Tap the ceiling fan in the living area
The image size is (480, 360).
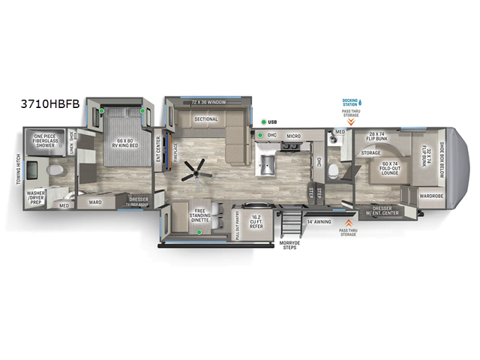click(x=197, y=170)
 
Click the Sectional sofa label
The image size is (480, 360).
click(x=205, y=119)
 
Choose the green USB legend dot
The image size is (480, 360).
click(x=264, y=122)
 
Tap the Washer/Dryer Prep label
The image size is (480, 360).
click(x=37, y=196)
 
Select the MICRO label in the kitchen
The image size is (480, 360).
click(x=293, y=136)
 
